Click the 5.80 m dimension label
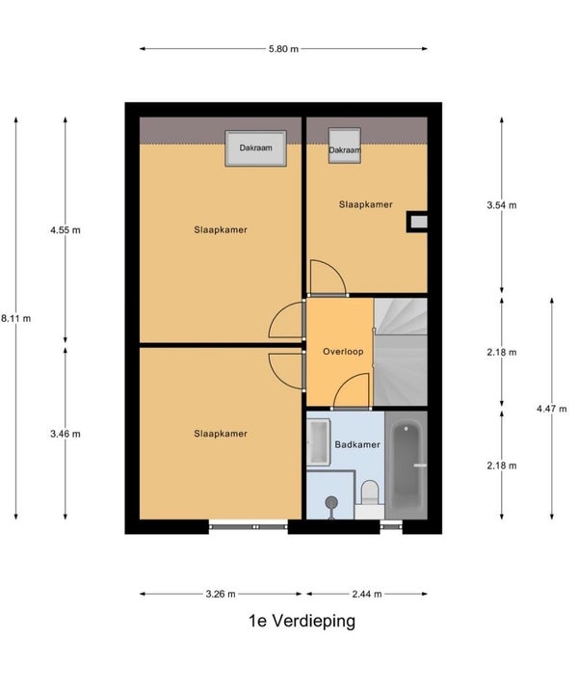(284, 49)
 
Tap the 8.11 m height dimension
(15, 318)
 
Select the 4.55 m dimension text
(66, 230)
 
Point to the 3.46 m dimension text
(66, 434)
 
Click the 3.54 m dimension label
(502, 205)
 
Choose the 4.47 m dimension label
(552, 409)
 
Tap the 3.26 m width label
(221, 594)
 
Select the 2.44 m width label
(367, 594)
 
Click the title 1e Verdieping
(302, 621)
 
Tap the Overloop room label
(343, 352)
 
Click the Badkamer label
(357, 445)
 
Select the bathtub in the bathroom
(406, 466)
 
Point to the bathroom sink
(319, 442)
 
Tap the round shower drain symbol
(331, 502)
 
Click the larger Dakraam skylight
(256, 148)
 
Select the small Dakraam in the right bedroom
(345, 146)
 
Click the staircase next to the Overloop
(401, 352)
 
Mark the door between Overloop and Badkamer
(352, 391)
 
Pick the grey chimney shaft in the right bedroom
(418, 222)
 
